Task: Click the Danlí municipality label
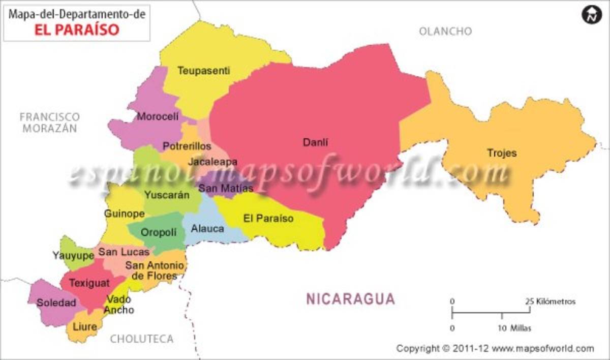tap(316, 142)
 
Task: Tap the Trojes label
tap(502, 153)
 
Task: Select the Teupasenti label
tap(203, 71)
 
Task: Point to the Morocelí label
tap(158, 116)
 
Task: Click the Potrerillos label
tap(187, 146)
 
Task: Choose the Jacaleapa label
tap(212, 162)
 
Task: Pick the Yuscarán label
tap(167, 194)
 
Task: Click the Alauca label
tap(207, 229)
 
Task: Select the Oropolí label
tap(159, 232)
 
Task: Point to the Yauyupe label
tap(74, 255)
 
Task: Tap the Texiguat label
tap(89, 283)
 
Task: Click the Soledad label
tap(56, 303)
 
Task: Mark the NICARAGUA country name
tap(350, 299)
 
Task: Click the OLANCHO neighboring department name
tap(445, 32)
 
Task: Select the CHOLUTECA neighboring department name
tap(142, 339)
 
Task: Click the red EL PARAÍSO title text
tap(77, 29)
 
